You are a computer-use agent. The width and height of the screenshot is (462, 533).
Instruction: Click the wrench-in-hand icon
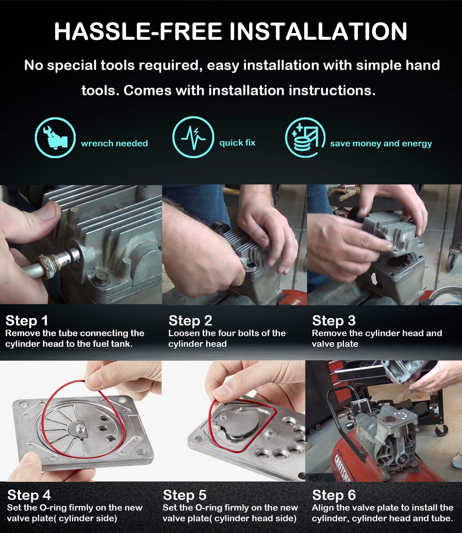55,138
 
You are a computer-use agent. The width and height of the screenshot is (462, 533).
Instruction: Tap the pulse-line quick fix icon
193,137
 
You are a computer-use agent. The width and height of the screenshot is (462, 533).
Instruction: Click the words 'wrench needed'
114,143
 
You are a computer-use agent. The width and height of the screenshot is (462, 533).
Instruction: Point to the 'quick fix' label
237,143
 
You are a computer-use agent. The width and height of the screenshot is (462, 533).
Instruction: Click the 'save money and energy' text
381,144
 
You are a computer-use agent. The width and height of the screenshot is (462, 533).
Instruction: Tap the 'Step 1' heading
27,321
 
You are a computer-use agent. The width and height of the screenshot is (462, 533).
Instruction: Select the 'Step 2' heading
190,321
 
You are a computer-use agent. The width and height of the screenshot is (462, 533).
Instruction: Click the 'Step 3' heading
334,321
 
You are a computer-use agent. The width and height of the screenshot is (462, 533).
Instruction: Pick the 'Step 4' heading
29,495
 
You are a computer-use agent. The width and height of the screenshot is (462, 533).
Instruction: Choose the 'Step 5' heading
185,495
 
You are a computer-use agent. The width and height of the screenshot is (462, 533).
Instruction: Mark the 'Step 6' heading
334,495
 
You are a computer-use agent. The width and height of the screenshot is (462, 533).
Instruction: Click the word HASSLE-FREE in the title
138,31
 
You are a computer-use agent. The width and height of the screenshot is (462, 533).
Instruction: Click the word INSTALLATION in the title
318,31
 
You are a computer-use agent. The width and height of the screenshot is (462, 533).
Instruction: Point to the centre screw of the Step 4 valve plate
79,428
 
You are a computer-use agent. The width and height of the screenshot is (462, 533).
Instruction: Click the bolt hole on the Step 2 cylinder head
250,265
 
